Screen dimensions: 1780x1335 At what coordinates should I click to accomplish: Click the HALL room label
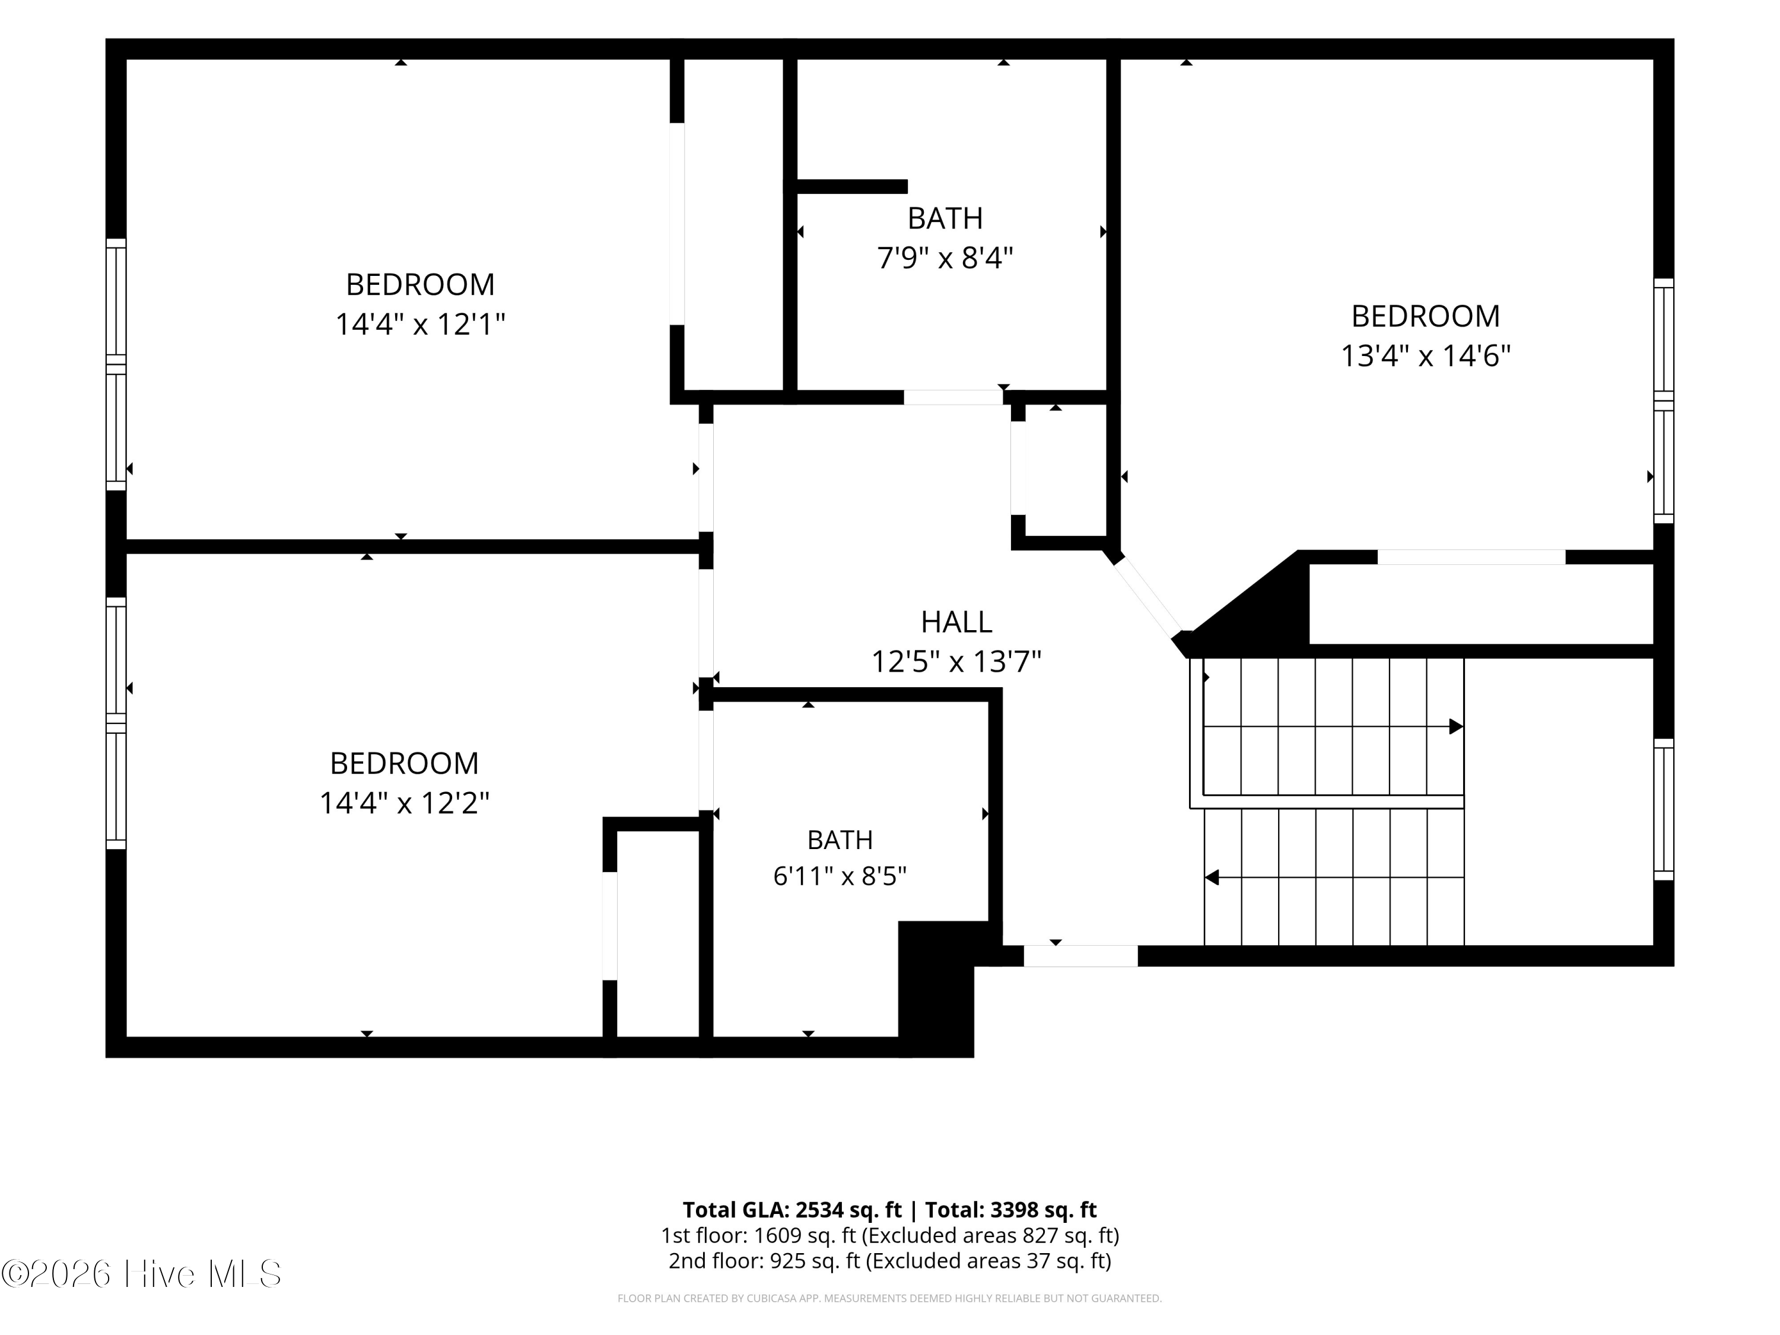956,622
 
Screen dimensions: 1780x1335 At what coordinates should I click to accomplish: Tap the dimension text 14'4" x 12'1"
420,325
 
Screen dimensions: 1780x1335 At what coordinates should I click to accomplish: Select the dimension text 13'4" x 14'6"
1425,355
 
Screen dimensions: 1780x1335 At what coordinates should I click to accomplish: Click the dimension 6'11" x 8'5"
840,876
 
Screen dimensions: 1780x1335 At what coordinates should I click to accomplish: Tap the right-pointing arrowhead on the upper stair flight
1455,727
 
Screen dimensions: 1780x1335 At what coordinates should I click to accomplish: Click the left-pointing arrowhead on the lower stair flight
1212,877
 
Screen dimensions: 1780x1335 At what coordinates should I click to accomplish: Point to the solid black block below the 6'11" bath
937,988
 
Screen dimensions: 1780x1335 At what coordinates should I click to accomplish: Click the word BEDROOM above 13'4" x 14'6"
1425,316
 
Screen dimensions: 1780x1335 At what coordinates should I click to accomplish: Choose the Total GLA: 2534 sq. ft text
792,1209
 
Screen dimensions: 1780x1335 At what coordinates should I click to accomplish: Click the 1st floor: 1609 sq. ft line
890,1235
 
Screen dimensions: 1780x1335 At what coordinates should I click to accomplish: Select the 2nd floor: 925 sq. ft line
890,1260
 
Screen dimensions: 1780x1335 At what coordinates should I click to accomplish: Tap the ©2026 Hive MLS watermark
142,1274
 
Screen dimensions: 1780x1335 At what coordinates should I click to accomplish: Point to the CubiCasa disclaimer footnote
889,1298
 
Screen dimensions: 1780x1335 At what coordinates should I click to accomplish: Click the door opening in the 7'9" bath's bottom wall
953,398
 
